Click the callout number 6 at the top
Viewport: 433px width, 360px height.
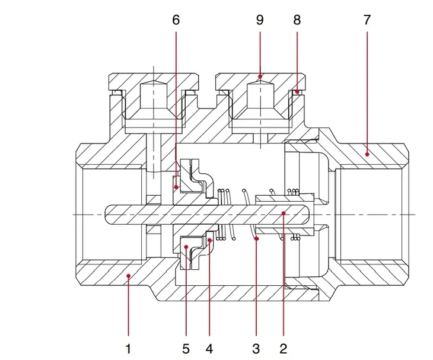[176, 20]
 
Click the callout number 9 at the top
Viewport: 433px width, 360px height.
[260, 20]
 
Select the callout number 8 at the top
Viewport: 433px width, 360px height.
[297, 20]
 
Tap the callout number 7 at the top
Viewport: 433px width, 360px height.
[367, 20]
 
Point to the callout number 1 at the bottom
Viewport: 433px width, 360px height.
[128, 349]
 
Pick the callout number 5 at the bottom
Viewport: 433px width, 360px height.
[186, 349]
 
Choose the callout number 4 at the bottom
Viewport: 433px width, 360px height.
[209, 349]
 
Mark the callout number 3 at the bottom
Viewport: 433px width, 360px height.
[256, 349]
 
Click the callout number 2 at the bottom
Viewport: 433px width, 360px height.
[284, 349]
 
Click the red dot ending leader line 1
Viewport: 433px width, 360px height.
[128, 276]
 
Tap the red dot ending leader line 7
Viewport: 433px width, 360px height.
[367, 154]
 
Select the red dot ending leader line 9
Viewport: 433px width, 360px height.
[260, 76]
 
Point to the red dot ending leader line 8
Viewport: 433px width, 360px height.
[297, 91]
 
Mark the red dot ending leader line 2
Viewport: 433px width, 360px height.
[284, 213]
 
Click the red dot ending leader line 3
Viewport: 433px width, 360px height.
[257, 238]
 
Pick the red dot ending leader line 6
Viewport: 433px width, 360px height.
[176, 187]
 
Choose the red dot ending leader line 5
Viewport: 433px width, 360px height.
[186, 247]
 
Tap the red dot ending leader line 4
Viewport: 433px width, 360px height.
[209, 240]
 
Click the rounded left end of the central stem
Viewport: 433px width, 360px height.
[106, 214]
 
